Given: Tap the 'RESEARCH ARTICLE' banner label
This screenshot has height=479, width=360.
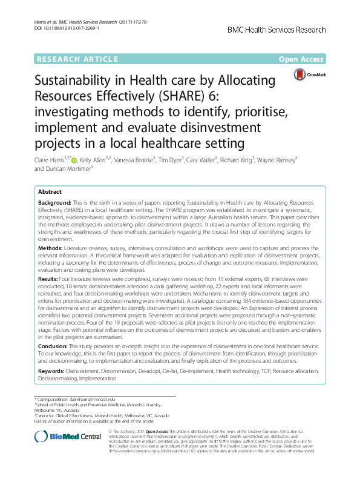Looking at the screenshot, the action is click(x=77, y=59).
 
